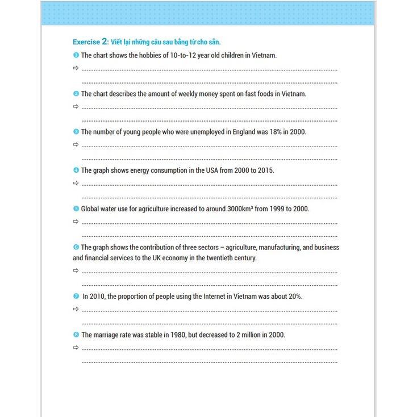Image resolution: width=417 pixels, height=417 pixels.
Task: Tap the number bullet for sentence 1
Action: (76, 55)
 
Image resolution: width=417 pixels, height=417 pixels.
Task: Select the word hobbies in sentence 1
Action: (136, 55)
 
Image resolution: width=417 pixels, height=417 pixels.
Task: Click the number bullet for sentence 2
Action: (76, 94)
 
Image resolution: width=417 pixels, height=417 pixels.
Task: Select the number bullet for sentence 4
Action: (76, 170)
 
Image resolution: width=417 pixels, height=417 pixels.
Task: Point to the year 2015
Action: (265, 170)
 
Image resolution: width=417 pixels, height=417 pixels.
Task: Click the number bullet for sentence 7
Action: (76, 297)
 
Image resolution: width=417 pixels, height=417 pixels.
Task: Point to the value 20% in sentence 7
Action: (294, 297)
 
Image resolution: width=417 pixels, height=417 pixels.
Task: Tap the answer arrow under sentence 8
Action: (76, 347)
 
